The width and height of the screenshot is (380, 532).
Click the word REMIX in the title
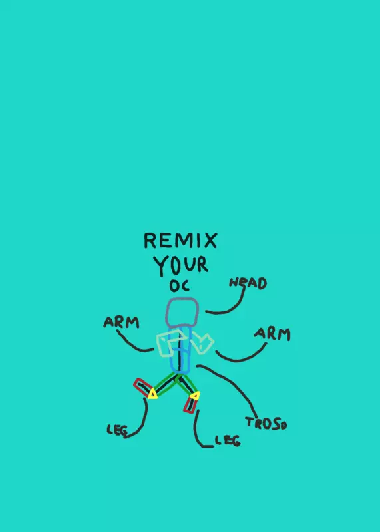click(180, 240)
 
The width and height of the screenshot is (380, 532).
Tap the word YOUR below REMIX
click(180, 265)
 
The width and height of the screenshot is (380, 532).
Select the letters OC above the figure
click(180, 286)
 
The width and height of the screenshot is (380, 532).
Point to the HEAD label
click(248, 283)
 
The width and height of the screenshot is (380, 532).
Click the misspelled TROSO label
click(266, 424)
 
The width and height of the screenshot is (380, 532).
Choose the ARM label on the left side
click(121, 322)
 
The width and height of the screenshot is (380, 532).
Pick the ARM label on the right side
click(272, 334)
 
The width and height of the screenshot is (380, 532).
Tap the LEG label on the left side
click(117, 430)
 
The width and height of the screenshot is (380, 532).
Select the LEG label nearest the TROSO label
click(228, 440)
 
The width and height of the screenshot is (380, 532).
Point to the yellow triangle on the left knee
click(153, 394)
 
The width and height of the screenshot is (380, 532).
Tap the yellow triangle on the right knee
click(195, 395)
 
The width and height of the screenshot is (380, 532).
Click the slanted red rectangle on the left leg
click(142, 387)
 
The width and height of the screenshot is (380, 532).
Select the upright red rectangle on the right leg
click(190, 405)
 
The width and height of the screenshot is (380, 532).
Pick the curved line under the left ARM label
click(132, 343)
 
